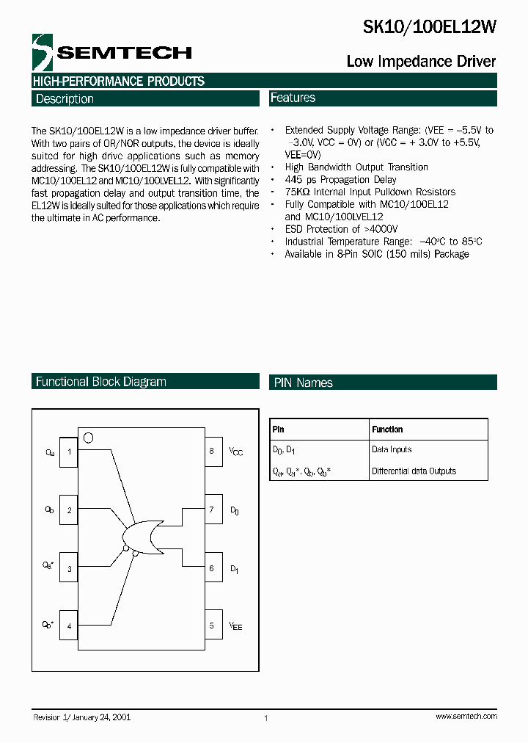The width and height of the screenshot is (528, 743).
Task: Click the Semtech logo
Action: pyautogui.click(x=112, y=52)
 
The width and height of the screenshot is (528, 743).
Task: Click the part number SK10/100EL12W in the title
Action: pyautogui.click(x=430, y=27)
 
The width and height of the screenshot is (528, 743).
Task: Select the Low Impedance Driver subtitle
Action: pyautogui.click(x=421, y=62)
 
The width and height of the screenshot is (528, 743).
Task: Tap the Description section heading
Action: pyautogui.click(x=65, y=99)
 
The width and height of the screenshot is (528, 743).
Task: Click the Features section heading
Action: pyautogui.click(x=293, y=98)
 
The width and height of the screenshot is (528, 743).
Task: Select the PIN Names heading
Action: pyautogui.click(x=304, y=383)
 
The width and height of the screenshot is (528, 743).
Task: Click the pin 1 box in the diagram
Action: pyautogui.click(x=69, y=452)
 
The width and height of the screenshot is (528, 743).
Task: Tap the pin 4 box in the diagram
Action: pyautogui.click(x=69, y=626)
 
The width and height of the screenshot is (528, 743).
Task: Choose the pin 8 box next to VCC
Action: pyautogui.click(x=213, y=451)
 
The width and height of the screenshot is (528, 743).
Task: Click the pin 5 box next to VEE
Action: pyautogui.click(x=213, y=626)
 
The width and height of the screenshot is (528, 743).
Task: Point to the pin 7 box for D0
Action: pyautogui.click(x=213, y=510)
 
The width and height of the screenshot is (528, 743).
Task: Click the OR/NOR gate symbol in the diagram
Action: pyautogui.click(x=144, y=539)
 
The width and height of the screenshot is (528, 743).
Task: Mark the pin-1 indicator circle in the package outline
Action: pyautogui.click(x=88, y=438)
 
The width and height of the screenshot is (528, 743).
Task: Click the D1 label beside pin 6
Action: pyautogui.click(x=234, y=568)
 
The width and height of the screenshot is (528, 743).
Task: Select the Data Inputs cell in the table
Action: pyautogui.click(x=392, y=449)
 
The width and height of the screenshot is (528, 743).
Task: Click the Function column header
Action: pyautogui.click(x=387, y=430)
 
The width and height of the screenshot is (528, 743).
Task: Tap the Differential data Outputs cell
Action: pyautogui.click(x=414, y=471)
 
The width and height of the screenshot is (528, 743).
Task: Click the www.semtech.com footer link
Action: pyautogui.click(x=466, y=716)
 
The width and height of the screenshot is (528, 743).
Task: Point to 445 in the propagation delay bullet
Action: pyautogui.click(x=295, y=180)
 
